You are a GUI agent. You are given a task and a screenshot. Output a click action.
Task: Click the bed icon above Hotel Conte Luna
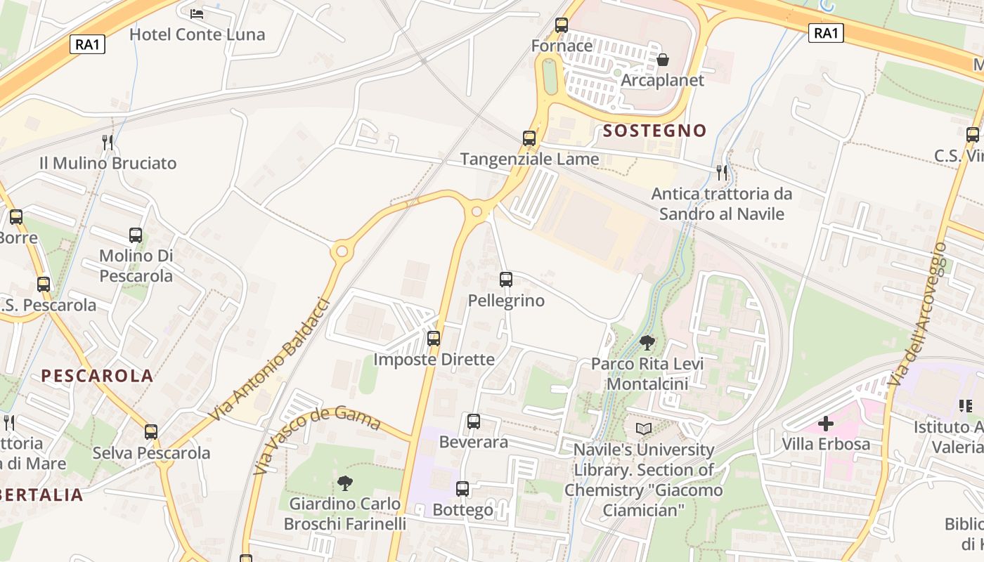(x=197, y=13)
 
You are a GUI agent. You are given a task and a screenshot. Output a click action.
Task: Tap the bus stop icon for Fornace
(x=562, y=25)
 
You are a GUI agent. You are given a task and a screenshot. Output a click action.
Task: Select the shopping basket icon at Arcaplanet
(x=662, y=60)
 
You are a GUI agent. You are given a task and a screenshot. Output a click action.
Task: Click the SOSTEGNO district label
(x=654, y=131)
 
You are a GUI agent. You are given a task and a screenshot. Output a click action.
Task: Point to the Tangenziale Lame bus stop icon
(x=529, y=138)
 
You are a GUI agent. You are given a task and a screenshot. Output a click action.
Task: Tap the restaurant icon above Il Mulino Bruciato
(x=108, y=143)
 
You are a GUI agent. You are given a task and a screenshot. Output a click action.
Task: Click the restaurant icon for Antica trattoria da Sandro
(x=721, y=172)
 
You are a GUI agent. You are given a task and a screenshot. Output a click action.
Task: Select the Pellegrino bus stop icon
(x=506, y=280)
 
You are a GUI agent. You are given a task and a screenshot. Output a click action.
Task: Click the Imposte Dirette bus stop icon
(x=434, y=339)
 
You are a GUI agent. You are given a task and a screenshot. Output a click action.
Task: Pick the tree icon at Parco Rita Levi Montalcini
(x=647, y=343)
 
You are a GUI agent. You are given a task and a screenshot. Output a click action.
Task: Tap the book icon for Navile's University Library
(x=643, y=429)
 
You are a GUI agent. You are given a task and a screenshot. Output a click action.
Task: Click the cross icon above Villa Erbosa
(x=826, y=424)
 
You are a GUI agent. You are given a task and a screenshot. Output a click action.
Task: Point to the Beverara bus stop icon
(x=474, y=421)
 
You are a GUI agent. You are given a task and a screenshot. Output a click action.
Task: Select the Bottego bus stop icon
(x=462, y=489)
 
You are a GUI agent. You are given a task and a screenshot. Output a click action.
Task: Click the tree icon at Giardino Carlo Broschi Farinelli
(x=344, y=483)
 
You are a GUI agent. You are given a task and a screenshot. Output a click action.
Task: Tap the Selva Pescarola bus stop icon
(x=151, y=432)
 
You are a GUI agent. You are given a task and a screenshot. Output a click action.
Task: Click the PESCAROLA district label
(x=97, y=376)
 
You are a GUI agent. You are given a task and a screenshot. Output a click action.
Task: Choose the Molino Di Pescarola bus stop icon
(x=136, y=235)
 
